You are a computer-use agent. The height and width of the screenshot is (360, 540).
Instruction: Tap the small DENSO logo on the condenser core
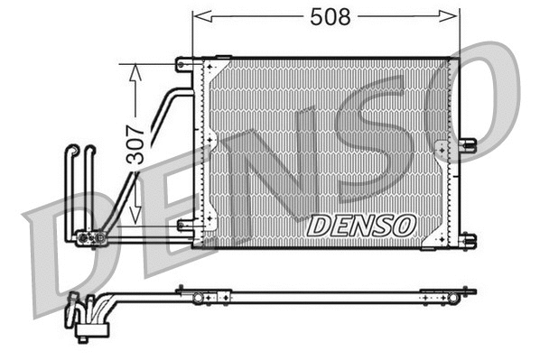(360, 225)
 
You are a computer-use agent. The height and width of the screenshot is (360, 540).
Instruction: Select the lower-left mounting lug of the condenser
(185, 226)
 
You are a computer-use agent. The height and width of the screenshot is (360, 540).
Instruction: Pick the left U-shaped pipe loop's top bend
(71, 150)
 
